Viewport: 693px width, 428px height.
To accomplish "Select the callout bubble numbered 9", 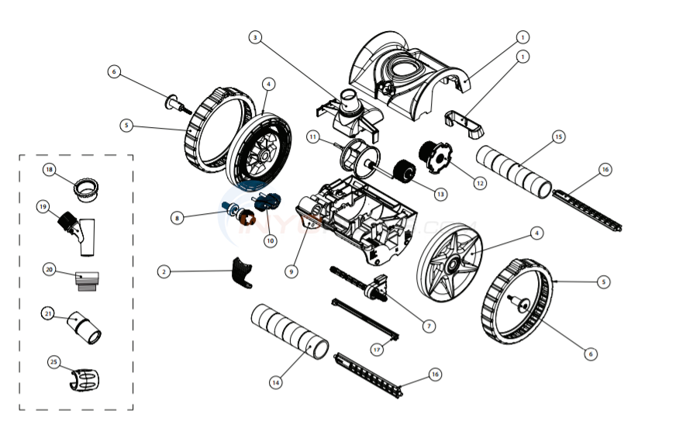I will point(291,271).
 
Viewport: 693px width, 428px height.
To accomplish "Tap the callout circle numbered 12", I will point(481,184).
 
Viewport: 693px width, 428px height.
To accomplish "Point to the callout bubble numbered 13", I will point(441,194).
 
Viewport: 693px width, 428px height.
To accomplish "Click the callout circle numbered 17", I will point(377,350).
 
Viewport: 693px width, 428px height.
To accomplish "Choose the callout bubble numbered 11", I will point(313,136).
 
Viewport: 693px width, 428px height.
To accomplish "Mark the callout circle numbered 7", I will point(429,326).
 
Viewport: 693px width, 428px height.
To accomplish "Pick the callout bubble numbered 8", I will point(178,219).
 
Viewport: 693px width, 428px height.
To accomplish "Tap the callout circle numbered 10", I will point(271,241).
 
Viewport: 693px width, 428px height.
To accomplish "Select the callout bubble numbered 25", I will point(53,361).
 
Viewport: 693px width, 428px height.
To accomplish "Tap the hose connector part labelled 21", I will point(84,327).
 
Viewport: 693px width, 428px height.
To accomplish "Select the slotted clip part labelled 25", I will point(85,378).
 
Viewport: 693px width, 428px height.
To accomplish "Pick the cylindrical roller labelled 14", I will point(290,332).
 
